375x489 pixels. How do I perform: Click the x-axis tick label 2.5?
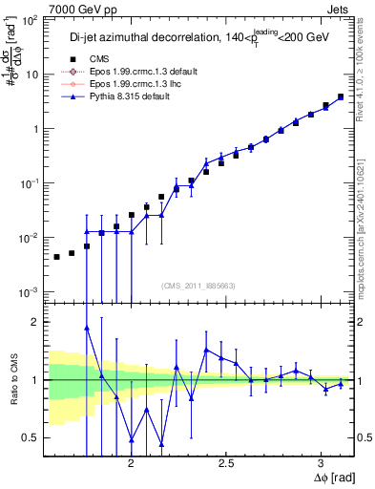pos(226,462)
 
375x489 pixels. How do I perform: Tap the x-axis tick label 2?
pos(131,462)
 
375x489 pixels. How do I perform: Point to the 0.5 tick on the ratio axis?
pos(32,437)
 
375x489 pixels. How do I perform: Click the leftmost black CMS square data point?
pos(56,257)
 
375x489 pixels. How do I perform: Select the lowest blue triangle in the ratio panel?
pos(161,444)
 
